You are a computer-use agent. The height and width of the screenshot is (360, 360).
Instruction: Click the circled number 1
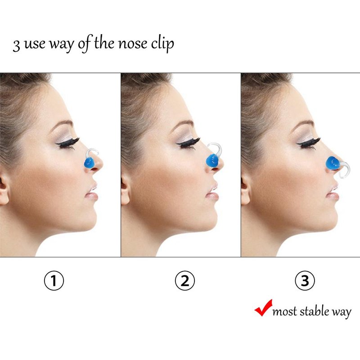click(x=54, y=280)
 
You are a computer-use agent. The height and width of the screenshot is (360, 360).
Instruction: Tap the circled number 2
click(x=185, y=280)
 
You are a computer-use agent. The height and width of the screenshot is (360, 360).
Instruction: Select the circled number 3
click(x=305, y=280)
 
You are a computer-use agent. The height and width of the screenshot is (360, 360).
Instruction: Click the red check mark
click(x=263, y=308)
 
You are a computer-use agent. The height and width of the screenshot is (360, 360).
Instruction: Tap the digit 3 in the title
click(x=16, y=45)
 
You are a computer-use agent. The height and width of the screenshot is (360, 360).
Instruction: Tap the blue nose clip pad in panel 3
click(x=333, y=163)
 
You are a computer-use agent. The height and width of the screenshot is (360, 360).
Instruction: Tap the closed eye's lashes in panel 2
click(x=188, y=143)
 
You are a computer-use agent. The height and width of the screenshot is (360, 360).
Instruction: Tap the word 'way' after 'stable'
click(x=342, y=313)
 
